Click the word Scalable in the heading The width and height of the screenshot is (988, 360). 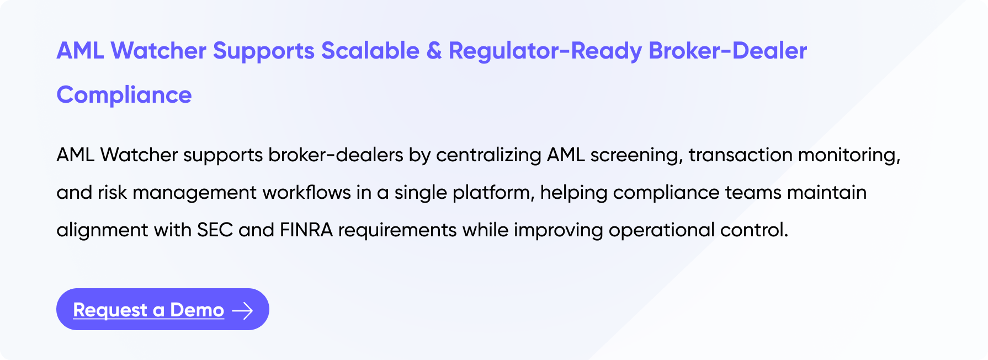coord(370,51)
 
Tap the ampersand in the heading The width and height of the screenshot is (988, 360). coord(434,51)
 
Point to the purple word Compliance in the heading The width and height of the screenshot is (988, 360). coord(124,96)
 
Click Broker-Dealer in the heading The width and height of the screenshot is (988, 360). coord(728,51)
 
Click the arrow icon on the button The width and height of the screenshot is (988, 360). coord(242,311)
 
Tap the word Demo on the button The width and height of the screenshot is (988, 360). coord(197,310)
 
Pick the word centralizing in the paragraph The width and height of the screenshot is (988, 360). coord(488,155)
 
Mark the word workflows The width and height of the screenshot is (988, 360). coord(306,193)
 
